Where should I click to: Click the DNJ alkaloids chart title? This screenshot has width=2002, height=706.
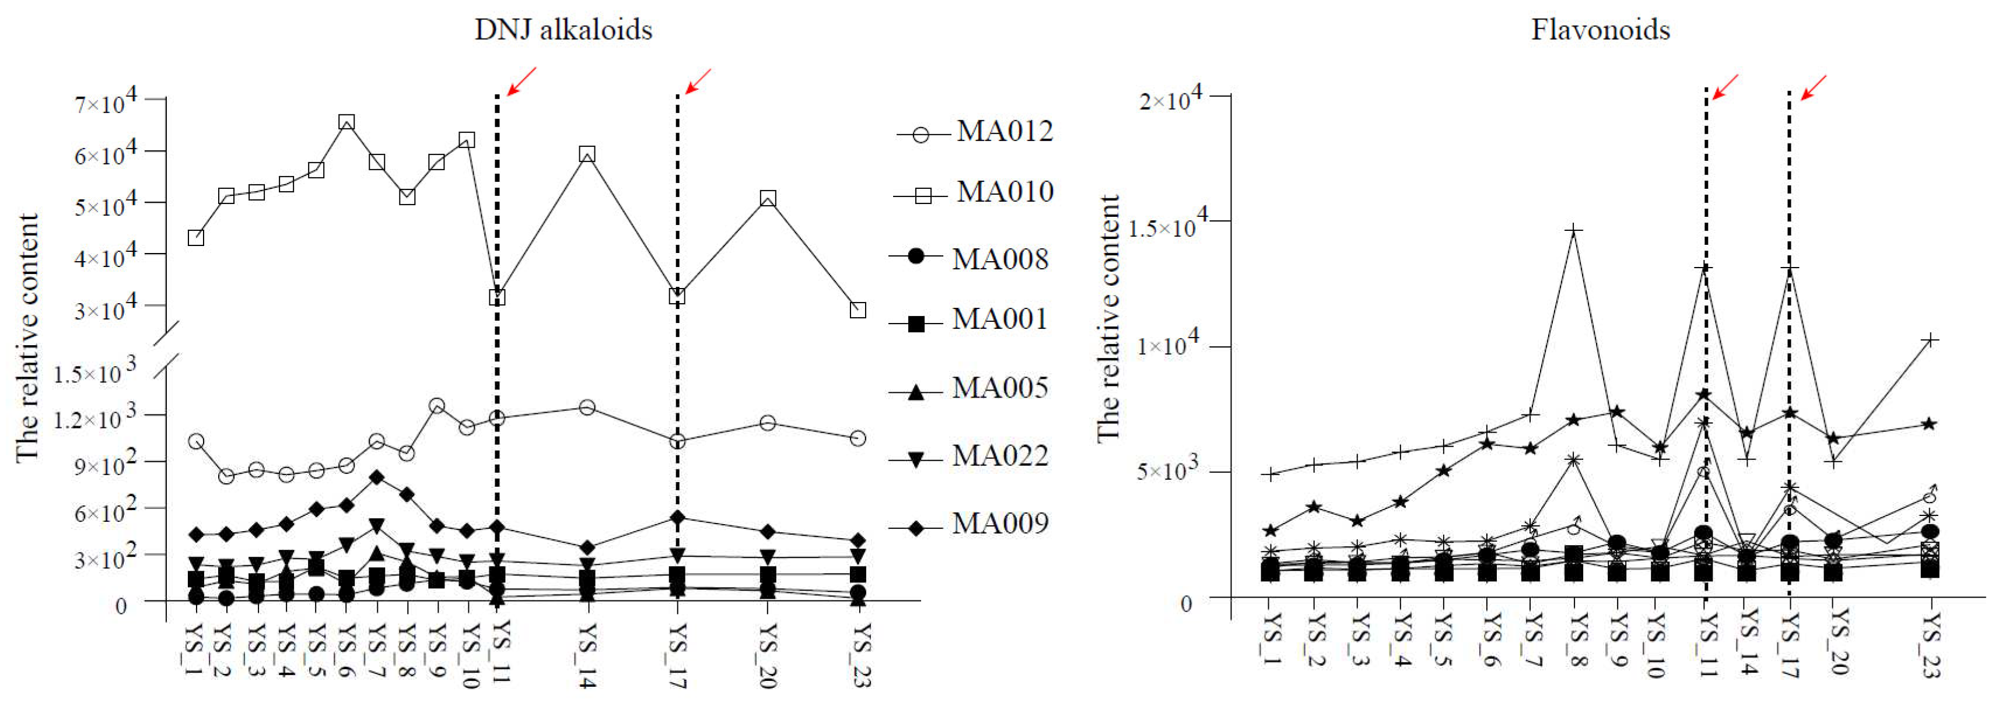tap(563, 30)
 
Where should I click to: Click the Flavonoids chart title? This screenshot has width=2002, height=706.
tap(1599, 30)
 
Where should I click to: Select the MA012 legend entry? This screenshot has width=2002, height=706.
tap(975, 131)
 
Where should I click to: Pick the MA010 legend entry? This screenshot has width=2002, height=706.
tap(975, 192)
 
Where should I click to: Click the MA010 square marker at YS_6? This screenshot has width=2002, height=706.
tap(346, 122)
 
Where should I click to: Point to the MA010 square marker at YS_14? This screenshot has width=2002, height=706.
tap(587, 154)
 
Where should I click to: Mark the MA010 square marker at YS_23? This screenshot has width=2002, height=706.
tap(858, 310)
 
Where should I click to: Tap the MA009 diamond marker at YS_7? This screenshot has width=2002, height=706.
tap(377, 477)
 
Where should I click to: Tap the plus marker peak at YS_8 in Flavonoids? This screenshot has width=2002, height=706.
tap(1574, 231)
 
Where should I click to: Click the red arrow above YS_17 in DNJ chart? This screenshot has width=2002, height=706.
tap(697, 81)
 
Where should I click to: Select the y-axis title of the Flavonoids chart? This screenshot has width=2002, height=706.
tap(1108, 318)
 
